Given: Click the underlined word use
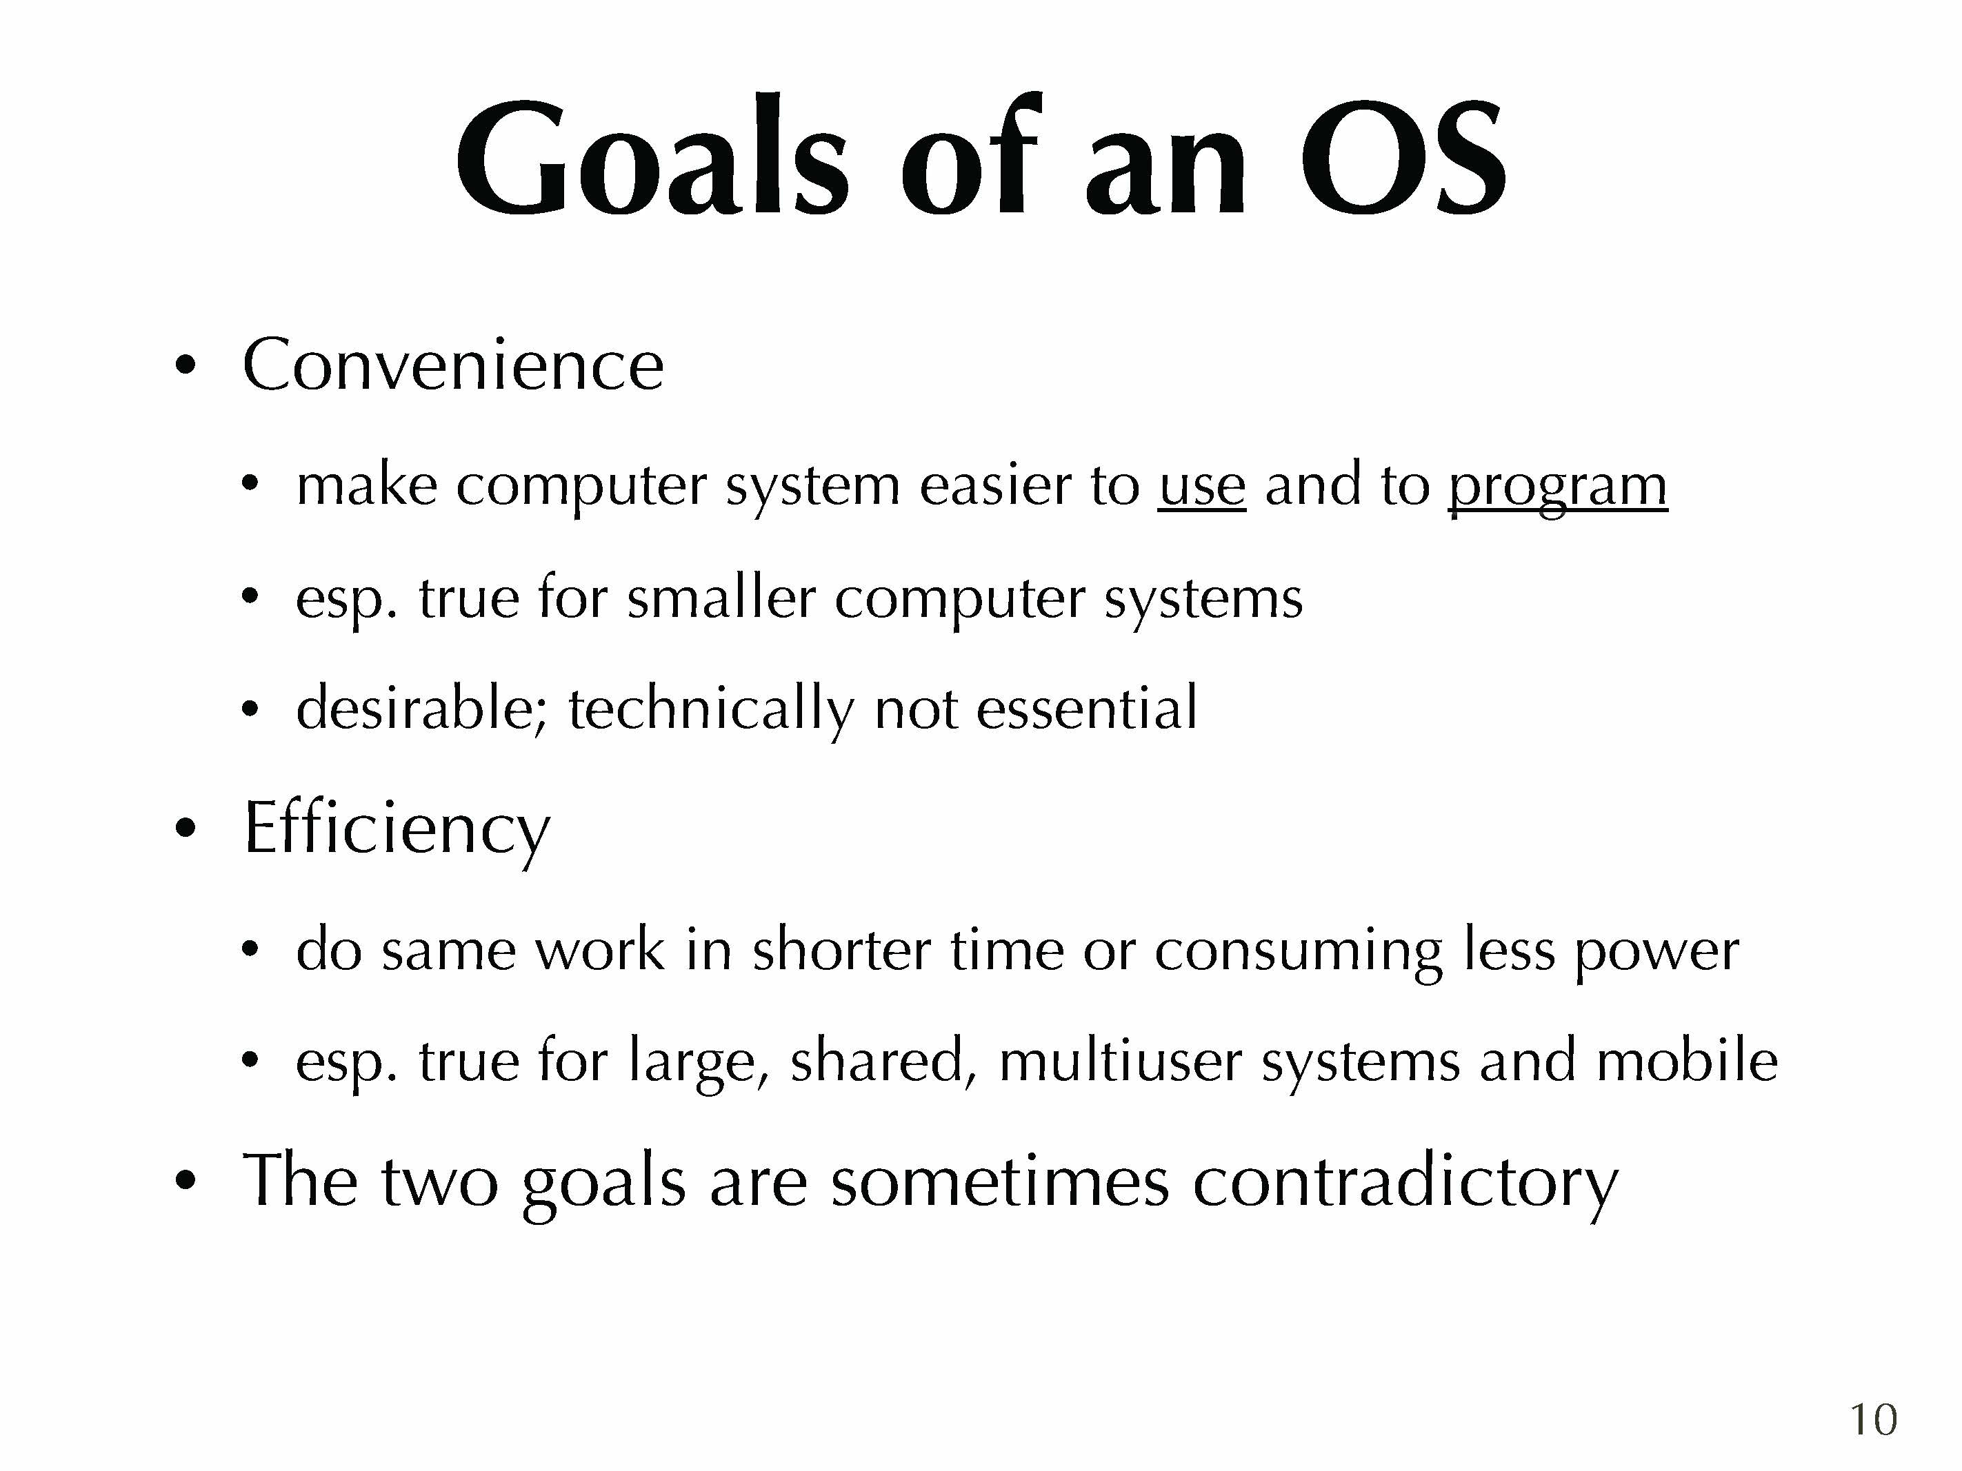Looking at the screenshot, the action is pyautogui.click(x=1202, y=487).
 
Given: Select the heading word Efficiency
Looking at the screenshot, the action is pyautogui.click(x=397, y=829).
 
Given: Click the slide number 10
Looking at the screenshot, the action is pyautogui.click(x=1873, y=1419).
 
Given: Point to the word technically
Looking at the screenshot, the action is pyautogui.click(x=712, y=709).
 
